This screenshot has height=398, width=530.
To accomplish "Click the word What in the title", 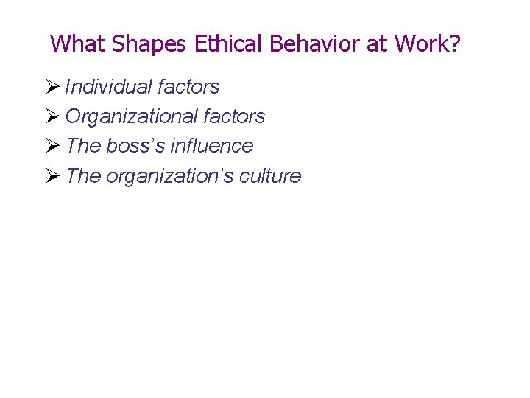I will [x=79, y=43].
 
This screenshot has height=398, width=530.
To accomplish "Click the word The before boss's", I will [x=83, y=146].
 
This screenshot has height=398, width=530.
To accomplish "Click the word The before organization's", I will [x=83, y=176].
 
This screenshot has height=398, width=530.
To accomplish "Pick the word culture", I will [x=270, y=176].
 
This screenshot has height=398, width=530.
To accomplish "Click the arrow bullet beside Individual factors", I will [x=52, y=87].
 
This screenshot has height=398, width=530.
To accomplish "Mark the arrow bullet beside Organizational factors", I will [x=52, y=116].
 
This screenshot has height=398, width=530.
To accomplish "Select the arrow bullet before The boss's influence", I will [x=52, y=146].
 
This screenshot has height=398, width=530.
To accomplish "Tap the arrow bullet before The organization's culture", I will [x=52, y=176].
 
